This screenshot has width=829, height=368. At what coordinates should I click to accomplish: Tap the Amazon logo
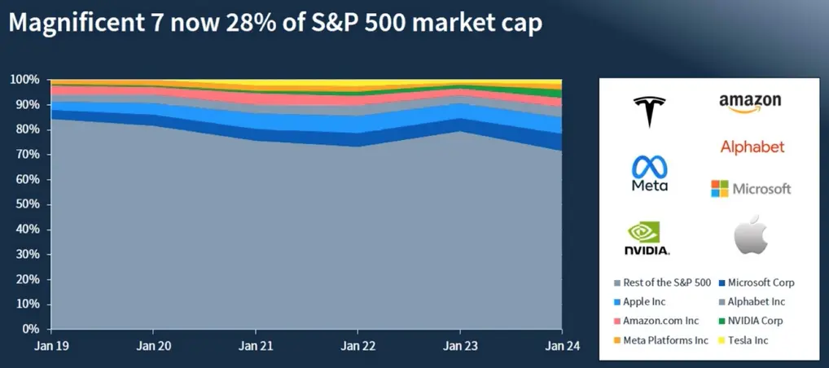click(750, 104)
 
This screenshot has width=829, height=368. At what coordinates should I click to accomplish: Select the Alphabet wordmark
click(752, 147)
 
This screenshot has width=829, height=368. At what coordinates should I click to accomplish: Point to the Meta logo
click(649, 173)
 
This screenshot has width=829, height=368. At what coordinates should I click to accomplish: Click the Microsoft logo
click(750, 189)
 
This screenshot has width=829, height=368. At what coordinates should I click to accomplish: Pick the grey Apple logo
click(751, 236)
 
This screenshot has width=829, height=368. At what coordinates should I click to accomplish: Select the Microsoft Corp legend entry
click(757, 283)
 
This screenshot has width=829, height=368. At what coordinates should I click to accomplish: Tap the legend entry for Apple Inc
click(644, 302)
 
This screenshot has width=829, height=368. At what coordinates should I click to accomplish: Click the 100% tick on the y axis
click(24, 80)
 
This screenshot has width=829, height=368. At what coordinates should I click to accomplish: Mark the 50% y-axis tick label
click(26, 204)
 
